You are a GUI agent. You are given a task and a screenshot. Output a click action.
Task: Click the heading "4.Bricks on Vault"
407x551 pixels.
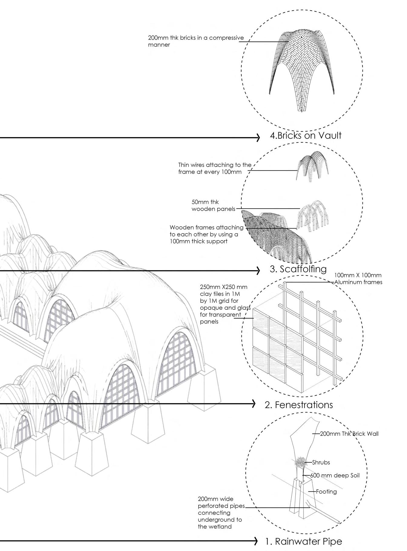tap(305, 136)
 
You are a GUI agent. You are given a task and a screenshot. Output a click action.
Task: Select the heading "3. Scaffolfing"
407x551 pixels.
tap(298, 269)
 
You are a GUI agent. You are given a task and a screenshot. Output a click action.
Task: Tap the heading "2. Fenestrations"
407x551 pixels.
tap(299, 405)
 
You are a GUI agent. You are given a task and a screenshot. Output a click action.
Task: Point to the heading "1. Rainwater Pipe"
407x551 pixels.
tap(304, 541)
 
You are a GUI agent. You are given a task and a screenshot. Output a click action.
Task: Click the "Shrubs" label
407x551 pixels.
tap(321, 462)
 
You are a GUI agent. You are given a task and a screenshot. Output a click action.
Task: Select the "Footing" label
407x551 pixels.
tap(326, 491)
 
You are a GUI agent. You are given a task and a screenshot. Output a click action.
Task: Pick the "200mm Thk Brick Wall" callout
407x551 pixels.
tap(349, 434)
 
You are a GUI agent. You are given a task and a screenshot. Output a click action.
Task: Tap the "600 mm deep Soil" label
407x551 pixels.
tap(335, 476)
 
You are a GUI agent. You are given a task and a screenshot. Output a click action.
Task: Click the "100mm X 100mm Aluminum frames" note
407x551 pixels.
tap(358, 279)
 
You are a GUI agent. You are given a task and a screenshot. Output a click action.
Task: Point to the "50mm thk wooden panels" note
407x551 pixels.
tap(213, 206)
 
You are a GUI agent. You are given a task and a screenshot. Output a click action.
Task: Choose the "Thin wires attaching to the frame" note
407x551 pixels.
tap(215, 168)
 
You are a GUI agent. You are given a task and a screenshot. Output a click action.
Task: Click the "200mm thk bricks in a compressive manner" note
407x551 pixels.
tap(195, 41)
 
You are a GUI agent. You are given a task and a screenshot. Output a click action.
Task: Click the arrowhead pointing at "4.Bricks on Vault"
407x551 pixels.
tap(258, 138)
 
